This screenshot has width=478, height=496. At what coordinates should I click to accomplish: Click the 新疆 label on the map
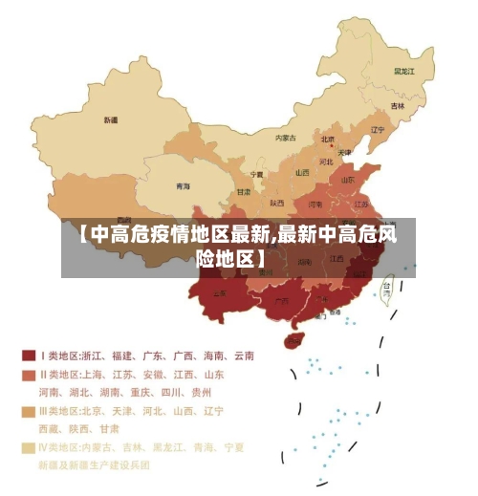pos(111,120)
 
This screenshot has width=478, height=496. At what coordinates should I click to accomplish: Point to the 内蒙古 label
pos(286,138)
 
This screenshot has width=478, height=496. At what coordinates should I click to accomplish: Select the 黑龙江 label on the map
pos(405,71)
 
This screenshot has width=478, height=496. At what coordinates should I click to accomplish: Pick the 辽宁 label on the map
pos(377,130)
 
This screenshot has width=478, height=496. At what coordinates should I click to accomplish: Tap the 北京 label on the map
pos(328,140)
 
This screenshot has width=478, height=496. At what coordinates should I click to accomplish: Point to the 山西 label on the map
pos(302,173)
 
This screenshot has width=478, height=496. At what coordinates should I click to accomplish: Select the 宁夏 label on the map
pos(256,175)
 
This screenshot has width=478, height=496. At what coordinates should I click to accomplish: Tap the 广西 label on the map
pos(282,301)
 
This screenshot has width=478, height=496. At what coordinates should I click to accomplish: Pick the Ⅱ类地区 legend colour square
pos(29,375)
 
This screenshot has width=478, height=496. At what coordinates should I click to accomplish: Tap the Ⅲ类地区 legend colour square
pos(29,411)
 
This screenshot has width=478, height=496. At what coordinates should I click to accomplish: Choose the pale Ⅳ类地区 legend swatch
pos(29,447)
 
